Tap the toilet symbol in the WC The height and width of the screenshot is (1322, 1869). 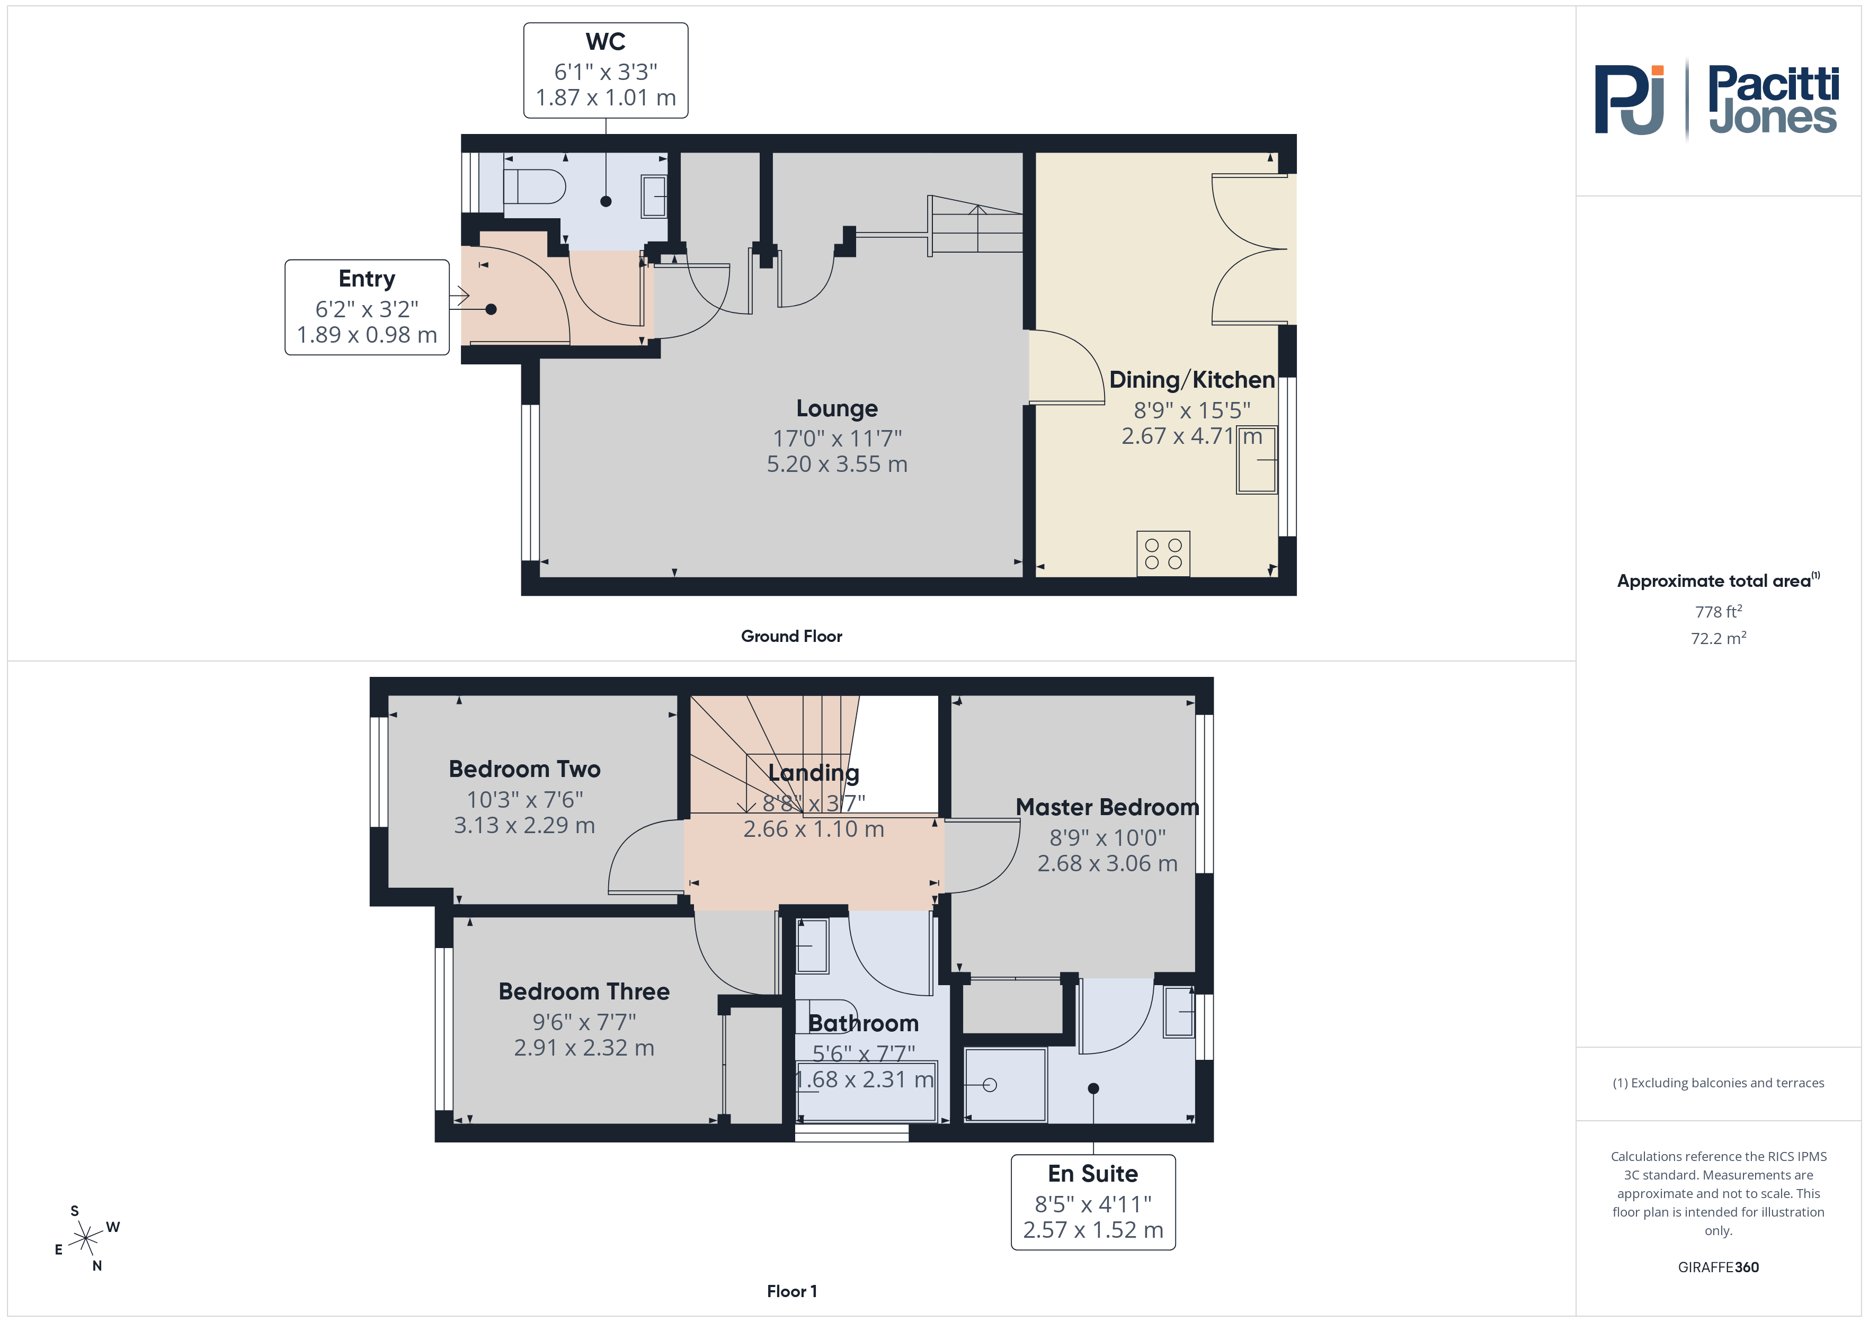point(534,186)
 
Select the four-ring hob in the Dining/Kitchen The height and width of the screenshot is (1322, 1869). point(1163,553)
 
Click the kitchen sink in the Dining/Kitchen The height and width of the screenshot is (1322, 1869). point(1257,460)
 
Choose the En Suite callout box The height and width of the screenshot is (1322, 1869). point(1093,1202)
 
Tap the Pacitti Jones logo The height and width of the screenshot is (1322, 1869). point(1716,100)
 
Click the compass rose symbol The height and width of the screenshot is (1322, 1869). point(85,1239)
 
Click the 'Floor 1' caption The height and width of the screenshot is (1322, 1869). point(791,1291)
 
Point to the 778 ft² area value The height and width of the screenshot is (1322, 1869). point(1719,611)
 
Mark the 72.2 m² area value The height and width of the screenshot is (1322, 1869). point(1719,638)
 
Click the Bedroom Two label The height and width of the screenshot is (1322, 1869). point(525,769)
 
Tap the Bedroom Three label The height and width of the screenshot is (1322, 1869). point(584,991)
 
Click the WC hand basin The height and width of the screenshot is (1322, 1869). point(654,196)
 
